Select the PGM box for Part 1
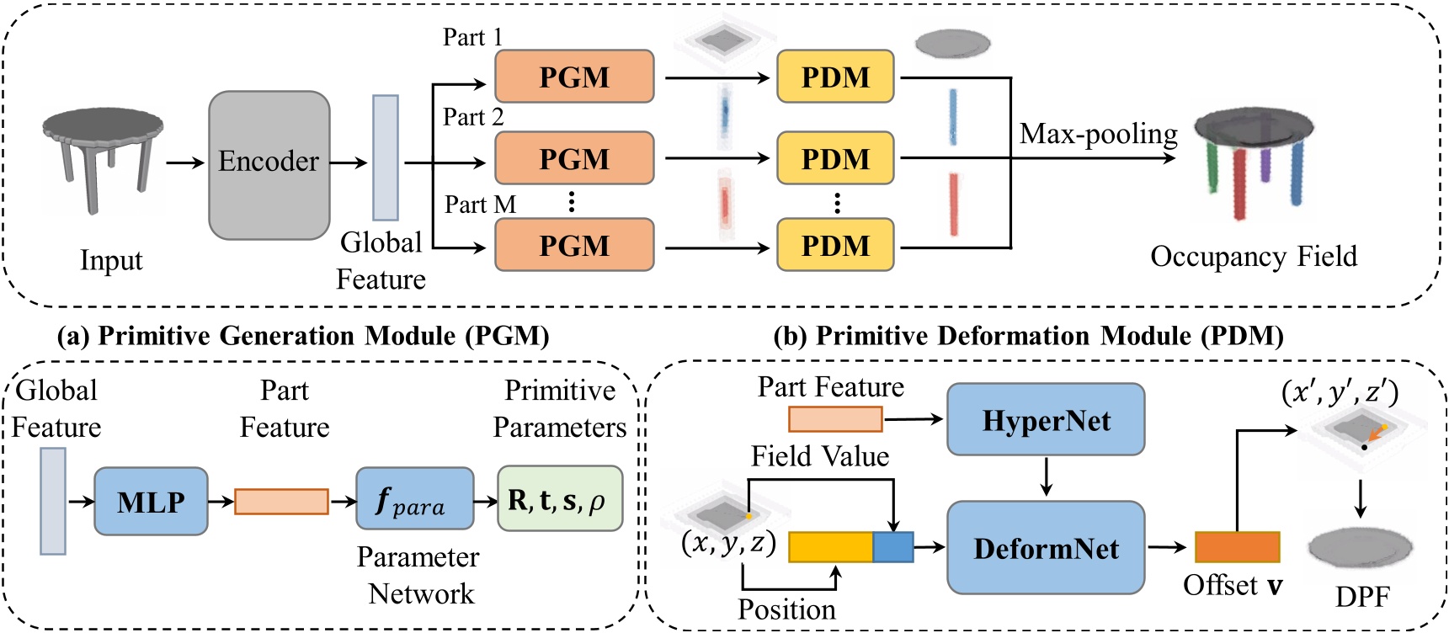coord(574,77)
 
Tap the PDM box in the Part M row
coord(834,245)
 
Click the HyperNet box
coord(1046,420)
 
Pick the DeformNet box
coord(1046,548)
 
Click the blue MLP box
coord(151,502)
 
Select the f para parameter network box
coord(414,499)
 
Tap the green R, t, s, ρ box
coord(560,499)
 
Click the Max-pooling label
coord(1098,134)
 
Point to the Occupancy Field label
coord(1253,256)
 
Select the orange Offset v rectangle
coord(1237,547)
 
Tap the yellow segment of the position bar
coord(830,547)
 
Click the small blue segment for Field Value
coord(892,547)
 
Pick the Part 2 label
coord(473,117)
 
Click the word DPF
coord(1361,597)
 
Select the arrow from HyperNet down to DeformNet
coord(1046,477)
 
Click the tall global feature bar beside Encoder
coord(386,157)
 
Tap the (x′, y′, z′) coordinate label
coord(1339,392)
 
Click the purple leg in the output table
coord(1265,164)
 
